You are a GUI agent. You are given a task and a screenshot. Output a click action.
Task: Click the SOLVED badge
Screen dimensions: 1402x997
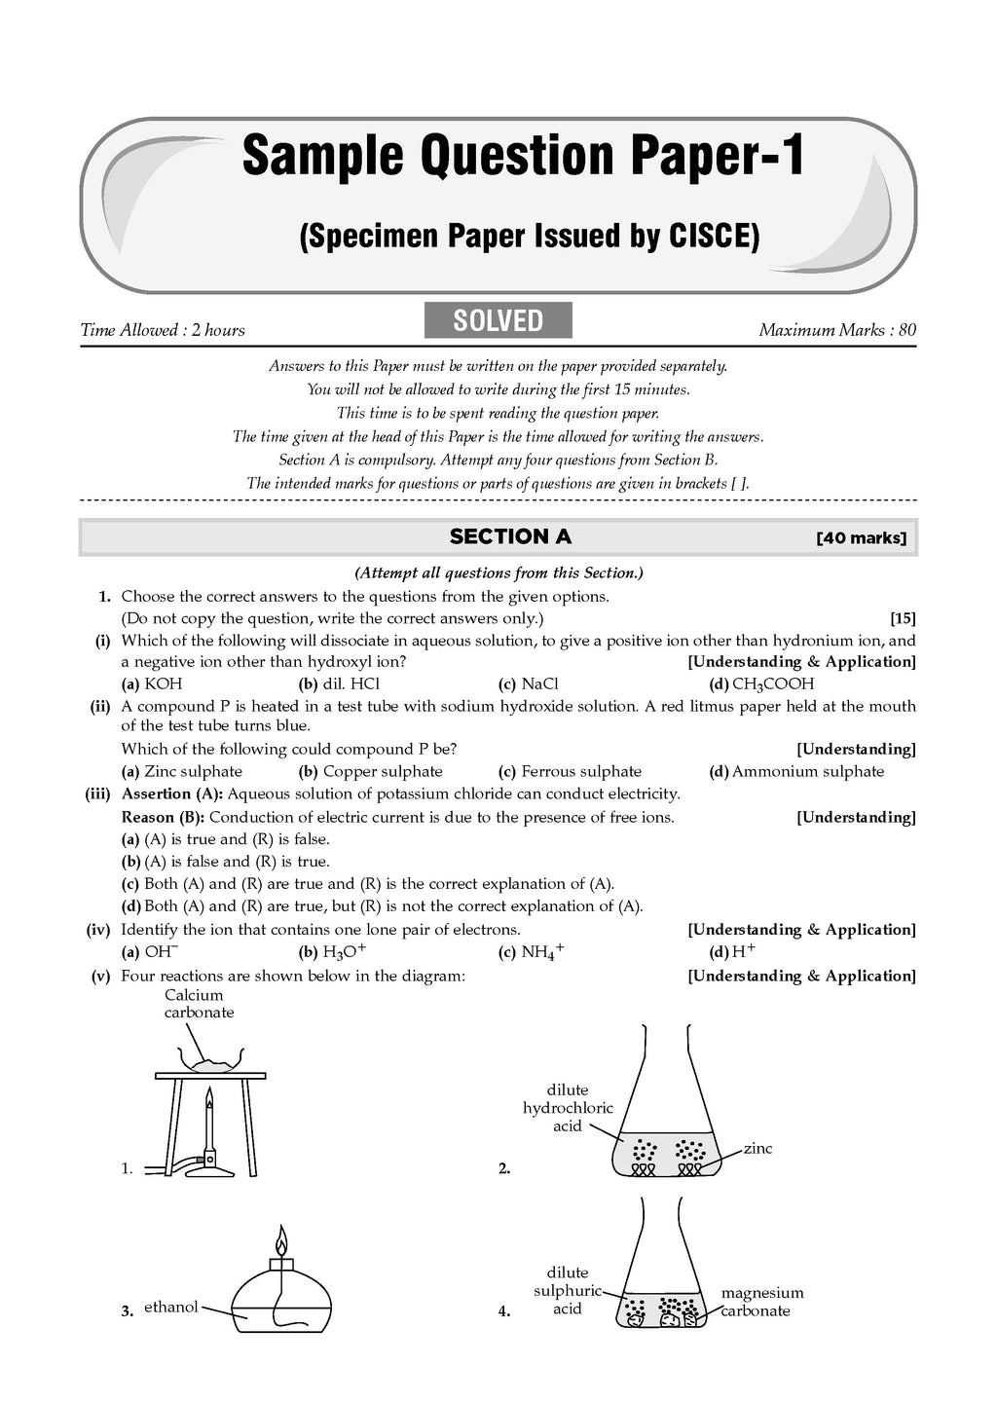click(498, 320)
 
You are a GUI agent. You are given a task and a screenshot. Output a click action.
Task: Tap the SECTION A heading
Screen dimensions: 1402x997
click(510, 536)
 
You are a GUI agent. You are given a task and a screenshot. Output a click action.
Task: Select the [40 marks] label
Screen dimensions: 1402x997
click(862, 537)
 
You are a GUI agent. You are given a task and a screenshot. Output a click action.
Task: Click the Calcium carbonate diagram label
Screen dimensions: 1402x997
click(199, 1004)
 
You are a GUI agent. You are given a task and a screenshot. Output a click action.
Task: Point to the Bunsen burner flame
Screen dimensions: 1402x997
click(208, 1103)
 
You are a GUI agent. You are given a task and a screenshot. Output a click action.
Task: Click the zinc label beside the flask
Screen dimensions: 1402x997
click(757, 1149)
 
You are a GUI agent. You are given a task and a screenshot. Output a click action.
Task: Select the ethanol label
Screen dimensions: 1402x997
click(170, 1308)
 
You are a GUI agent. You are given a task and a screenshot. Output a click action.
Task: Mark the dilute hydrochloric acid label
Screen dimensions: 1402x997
click(568, 1108)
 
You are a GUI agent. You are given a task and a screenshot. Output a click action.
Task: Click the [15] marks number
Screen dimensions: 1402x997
click(903, 618)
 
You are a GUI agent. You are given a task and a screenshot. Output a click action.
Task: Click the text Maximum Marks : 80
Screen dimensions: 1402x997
click(837, 330)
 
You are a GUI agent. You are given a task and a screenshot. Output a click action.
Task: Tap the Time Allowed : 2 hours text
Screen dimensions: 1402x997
click(163, 330)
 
